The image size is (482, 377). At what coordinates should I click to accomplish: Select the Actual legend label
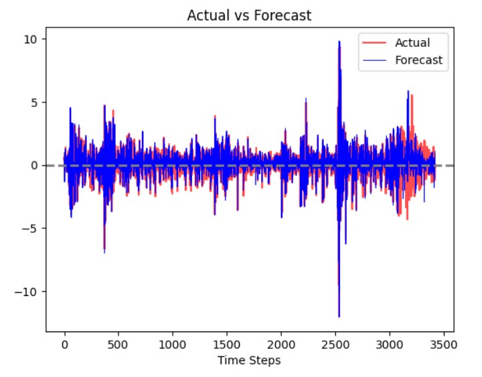coord(412,44)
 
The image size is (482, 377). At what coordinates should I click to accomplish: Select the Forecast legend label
coord(418,60)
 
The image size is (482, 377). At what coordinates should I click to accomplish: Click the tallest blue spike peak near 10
coord(339,42)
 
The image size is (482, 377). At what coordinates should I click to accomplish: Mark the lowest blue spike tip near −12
coord(339,316)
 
